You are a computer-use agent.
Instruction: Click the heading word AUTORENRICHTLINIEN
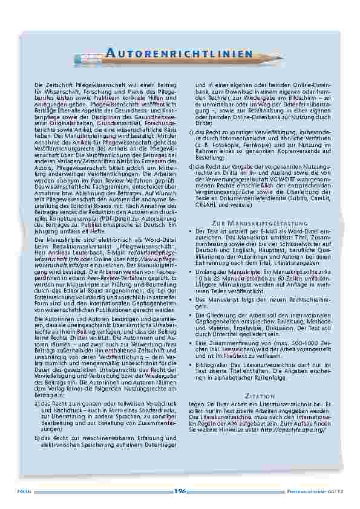(x=175, y=54)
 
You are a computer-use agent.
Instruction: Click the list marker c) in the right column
(x=192, y=132)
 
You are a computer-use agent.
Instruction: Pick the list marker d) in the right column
(x=192, y=166)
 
